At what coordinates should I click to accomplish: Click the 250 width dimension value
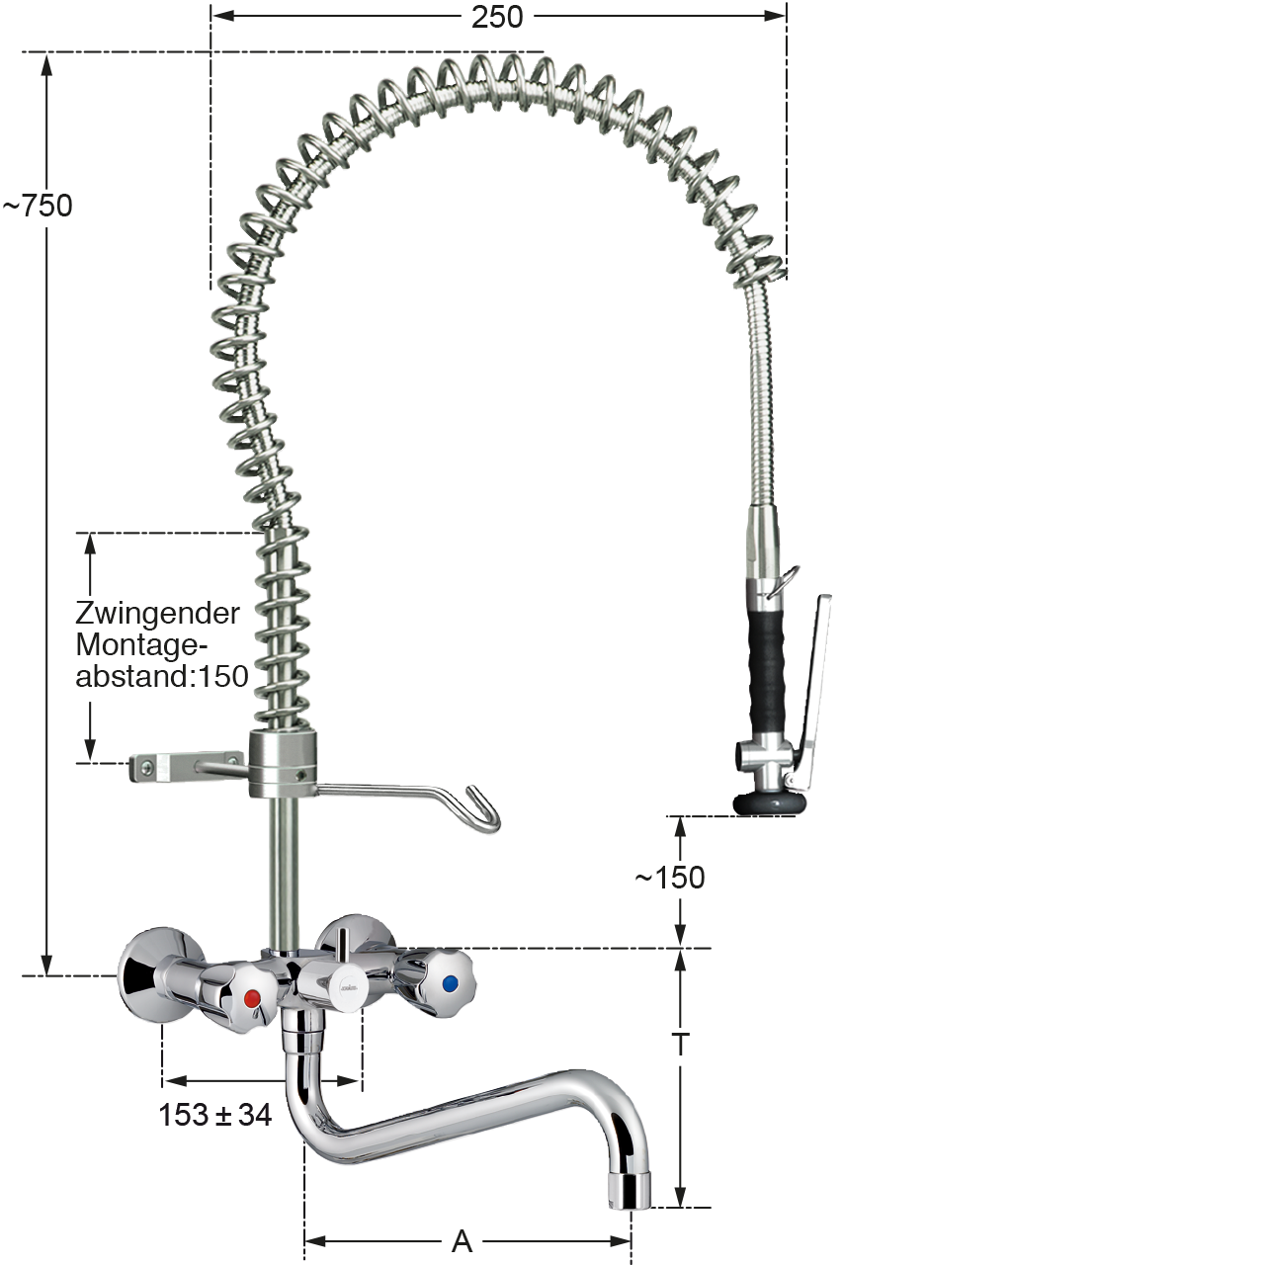497,17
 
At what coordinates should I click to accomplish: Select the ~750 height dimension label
38,207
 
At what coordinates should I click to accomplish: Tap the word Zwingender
157,614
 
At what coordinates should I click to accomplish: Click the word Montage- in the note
141,644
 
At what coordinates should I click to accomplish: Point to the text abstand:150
162,676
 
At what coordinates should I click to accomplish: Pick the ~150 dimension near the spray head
670,878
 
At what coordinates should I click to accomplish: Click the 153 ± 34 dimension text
215,1115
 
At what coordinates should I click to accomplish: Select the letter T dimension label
681,1044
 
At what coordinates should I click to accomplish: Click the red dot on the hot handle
252,999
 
